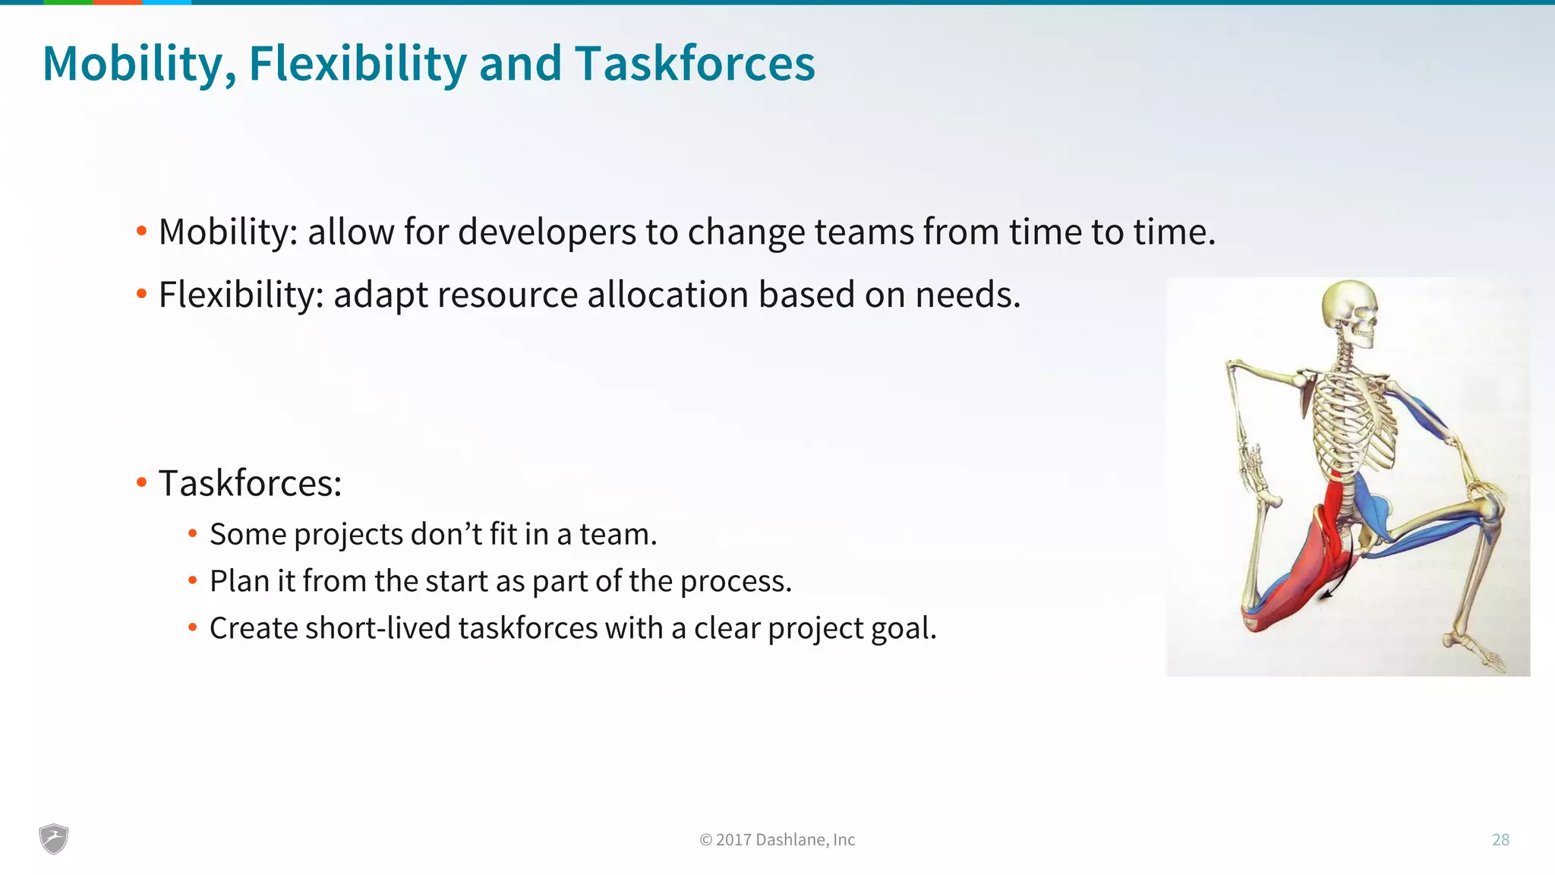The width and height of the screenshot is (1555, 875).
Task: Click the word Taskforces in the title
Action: point(695,63)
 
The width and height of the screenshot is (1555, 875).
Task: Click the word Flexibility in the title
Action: point(357,63)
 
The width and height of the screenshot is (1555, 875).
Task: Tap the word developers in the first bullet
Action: point(547,232)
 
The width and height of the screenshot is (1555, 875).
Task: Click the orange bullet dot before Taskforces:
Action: point(141,482)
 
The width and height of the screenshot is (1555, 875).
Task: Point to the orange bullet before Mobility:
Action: point(141,231)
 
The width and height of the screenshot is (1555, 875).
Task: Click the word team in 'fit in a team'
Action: point(617,535)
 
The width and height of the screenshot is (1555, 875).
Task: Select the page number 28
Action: point(1500,839)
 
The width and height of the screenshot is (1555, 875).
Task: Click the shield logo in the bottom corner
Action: point(54,839)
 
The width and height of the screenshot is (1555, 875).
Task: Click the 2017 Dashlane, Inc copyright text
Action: point(777,839)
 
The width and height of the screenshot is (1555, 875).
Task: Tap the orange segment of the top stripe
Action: point(117,2)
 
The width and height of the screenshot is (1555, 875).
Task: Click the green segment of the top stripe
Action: point(68,2)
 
